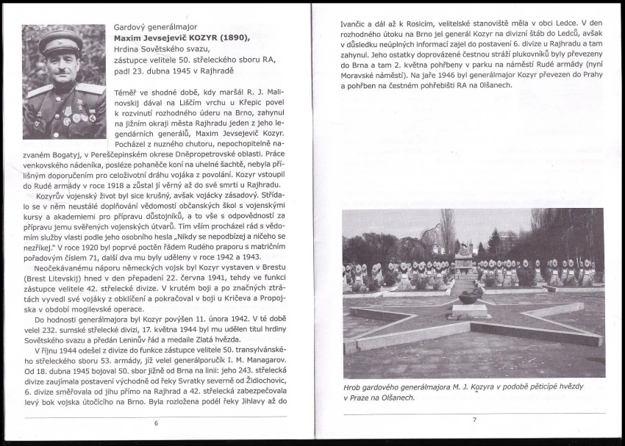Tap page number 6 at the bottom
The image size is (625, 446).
pos(156,423)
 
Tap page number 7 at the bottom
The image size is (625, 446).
pos(474,420)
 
